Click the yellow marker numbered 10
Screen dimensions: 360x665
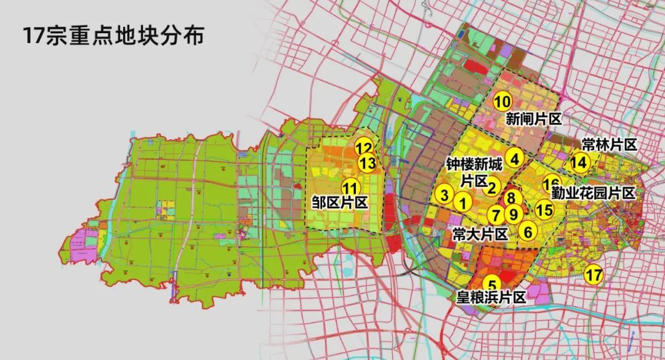pos(502,101)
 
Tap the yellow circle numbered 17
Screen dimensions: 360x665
pos(594,274)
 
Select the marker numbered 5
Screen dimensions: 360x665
pos(492,285)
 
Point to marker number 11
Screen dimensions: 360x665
pos(350,188)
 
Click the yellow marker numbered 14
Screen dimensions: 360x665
pos(579,162)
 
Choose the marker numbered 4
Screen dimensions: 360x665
pos(515,157)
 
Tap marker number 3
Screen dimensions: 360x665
pos(444,195)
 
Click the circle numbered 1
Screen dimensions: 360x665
pos(463,201)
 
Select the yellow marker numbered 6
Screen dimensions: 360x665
pos(528,231)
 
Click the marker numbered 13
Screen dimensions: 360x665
pos(368,164)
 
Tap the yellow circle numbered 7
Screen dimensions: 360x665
pos(496,215)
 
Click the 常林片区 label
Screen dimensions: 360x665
pos(608,145)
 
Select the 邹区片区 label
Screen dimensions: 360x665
pos(340,203)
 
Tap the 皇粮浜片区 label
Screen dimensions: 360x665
pos(491,298)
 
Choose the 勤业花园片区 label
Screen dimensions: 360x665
pos(592,193)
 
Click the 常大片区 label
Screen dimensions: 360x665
pos(480,234)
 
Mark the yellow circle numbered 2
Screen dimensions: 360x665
pos(492,187)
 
